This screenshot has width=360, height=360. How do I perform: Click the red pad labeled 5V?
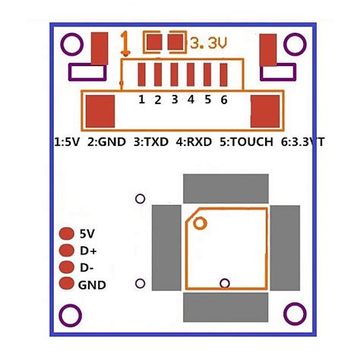click(67, 234)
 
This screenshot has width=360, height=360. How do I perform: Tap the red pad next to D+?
click(67, 251)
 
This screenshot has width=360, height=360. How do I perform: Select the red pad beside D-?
click(67, 267)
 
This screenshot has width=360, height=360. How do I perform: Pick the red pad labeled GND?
click(67, 285)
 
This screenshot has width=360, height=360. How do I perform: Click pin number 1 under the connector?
click(141, 99)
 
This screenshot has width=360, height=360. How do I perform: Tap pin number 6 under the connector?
click(224, 99)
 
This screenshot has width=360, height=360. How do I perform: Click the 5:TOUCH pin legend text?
click(246, 141)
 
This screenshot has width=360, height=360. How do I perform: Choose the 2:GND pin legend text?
click(107, 141)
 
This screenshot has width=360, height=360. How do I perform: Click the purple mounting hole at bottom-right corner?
click(292, 313)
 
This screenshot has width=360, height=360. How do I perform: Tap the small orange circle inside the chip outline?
click(201, 223)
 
